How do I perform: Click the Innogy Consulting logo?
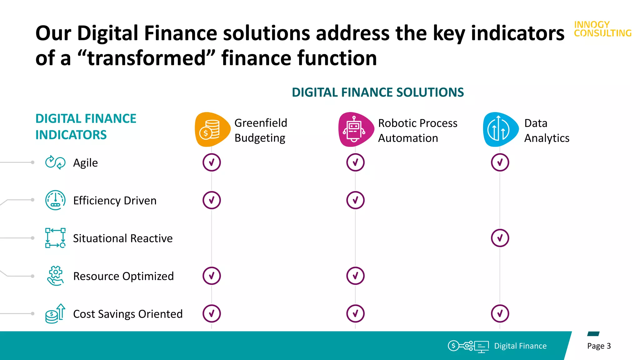tap(602, 29)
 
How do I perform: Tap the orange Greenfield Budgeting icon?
tap(212, 129)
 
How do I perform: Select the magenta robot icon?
tap(355, 129)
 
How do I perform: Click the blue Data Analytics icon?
tap(500, 129)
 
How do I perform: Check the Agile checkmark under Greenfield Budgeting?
tap(212, 162)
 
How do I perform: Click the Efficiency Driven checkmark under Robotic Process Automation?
tap(355, 200)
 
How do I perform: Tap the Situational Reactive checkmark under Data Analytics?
tap(500, 238)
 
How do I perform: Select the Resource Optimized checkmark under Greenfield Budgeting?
tap(212, 276)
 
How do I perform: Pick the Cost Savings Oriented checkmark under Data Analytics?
tap(500, 314)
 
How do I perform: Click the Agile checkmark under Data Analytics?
tap(500, 162)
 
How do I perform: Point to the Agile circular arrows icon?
tap(55, 162)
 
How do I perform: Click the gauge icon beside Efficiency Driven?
tap(55, 200)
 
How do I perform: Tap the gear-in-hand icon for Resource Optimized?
tap(55, 276)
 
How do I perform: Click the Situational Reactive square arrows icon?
tap(55, 238)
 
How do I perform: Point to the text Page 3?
tap(599, 346)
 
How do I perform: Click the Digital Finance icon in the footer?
tap(468, 346)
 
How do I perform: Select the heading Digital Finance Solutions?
tap(377, 92)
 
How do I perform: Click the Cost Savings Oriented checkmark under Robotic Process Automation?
tap(355, 314)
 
